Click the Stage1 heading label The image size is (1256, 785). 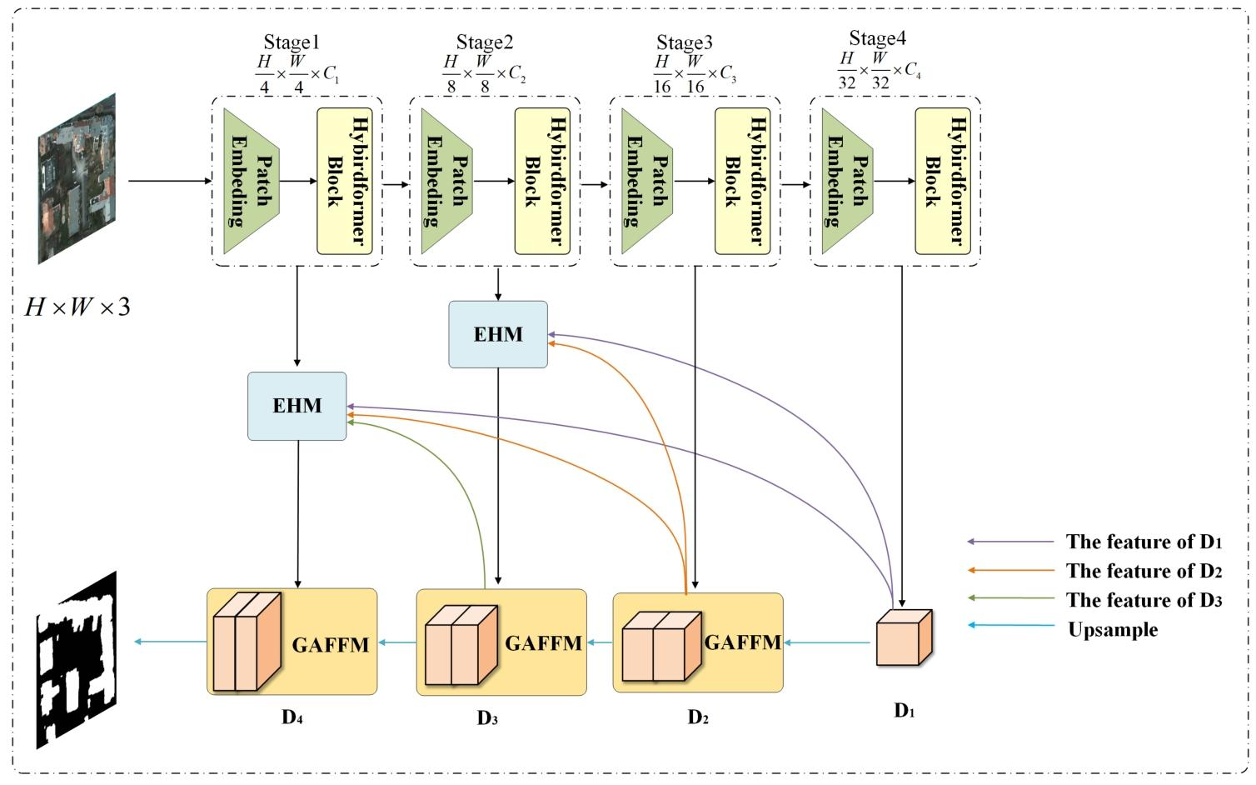(x=292, y=42)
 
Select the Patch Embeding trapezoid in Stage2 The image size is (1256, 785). (x=446, y=181)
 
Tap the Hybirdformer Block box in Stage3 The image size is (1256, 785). (x=743, y=181)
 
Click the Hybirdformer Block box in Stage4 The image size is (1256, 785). (x=943, y=181)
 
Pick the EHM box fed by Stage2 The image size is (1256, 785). (x=498, y=334)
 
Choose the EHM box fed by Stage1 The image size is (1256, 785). (x=297, y=406)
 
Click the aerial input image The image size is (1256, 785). (x=77, y=178)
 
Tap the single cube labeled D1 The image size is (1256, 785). (x=904, y=637)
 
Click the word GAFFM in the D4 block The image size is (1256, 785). (x=331, y=644)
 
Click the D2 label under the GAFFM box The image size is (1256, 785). (x=698, y=717)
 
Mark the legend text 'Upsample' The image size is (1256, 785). (x=1113, y=629)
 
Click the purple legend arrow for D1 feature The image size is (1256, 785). (x=1010, y=542)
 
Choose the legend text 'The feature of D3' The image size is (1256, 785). (x=1144, y=600)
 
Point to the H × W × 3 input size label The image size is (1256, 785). (x=77, y=307)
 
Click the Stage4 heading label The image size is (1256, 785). (x=878, y=38)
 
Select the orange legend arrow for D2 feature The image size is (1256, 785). (x=1010, y=571)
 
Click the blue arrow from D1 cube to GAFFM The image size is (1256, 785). (x=828, y=642)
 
